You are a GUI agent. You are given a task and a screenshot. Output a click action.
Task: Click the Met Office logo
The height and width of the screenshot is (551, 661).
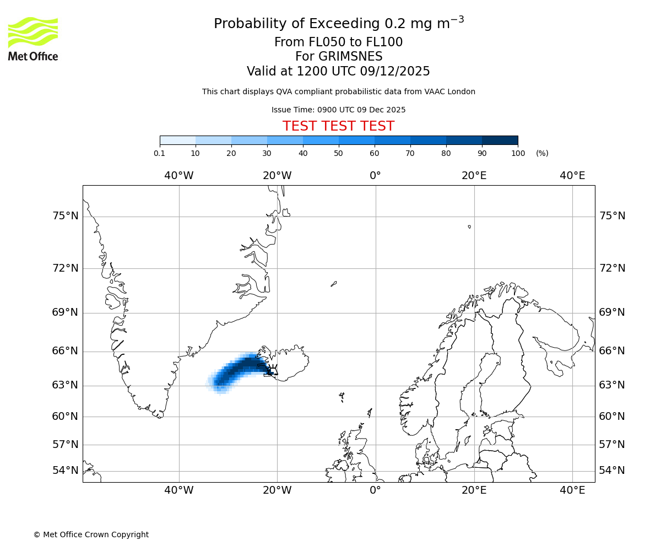coord(33,39)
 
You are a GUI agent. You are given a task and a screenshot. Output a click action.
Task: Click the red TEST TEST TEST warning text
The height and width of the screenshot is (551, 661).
coord(338,126)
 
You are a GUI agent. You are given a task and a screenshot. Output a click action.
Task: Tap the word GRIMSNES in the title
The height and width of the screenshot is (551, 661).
coord(339,57)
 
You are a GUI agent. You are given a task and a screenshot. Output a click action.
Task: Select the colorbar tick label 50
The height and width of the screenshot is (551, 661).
coord(339,153)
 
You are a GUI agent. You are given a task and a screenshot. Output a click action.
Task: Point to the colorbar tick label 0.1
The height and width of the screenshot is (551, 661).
coord(160,153)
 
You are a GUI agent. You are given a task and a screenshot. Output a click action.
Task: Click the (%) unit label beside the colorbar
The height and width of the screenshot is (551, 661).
coord(542,153)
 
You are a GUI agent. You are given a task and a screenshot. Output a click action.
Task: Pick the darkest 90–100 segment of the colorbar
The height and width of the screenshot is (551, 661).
coord(500,140)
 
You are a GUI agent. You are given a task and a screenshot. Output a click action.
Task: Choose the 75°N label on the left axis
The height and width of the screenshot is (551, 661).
coord(66,216)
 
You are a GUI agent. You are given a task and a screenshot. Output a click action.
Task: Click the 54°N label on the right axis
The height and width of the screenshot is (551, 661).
coord(612,471)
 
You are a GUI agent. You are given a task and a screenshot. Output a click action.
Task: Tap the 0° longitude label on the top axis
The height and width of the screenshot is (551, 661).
coord(375,176)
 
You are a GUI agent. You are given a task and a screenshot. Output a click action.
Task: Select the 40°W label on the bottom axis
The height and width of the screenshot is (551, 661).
coord(178,490)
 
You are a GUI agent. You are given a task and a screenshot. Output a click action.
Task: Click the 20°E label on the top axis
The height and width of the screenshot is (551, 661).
coord(474,176)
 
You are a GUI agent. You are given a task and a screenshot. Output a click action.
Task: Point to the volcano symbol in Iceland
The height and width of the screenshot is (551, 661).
coord(272,370)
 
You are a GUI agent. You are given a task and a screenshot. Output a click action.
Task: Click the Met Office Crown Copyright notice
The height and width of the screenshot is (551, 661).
coord(91,534)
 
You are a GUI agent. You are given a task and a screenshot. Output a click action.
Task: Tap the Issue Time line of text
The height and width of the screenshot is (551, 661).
coord(338,110)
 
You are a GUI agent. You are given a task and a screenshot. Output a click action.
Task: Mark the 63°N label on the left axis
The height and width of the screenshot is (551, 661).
coord(66,385)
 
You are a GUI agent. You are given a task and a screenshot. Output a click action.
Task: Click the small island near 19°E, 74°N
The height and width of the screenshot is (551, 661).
coord(469,226)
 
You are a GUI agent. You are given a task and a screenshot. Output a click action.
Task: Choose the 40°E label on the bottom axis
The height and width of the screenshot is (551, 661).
coord(572,490)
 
